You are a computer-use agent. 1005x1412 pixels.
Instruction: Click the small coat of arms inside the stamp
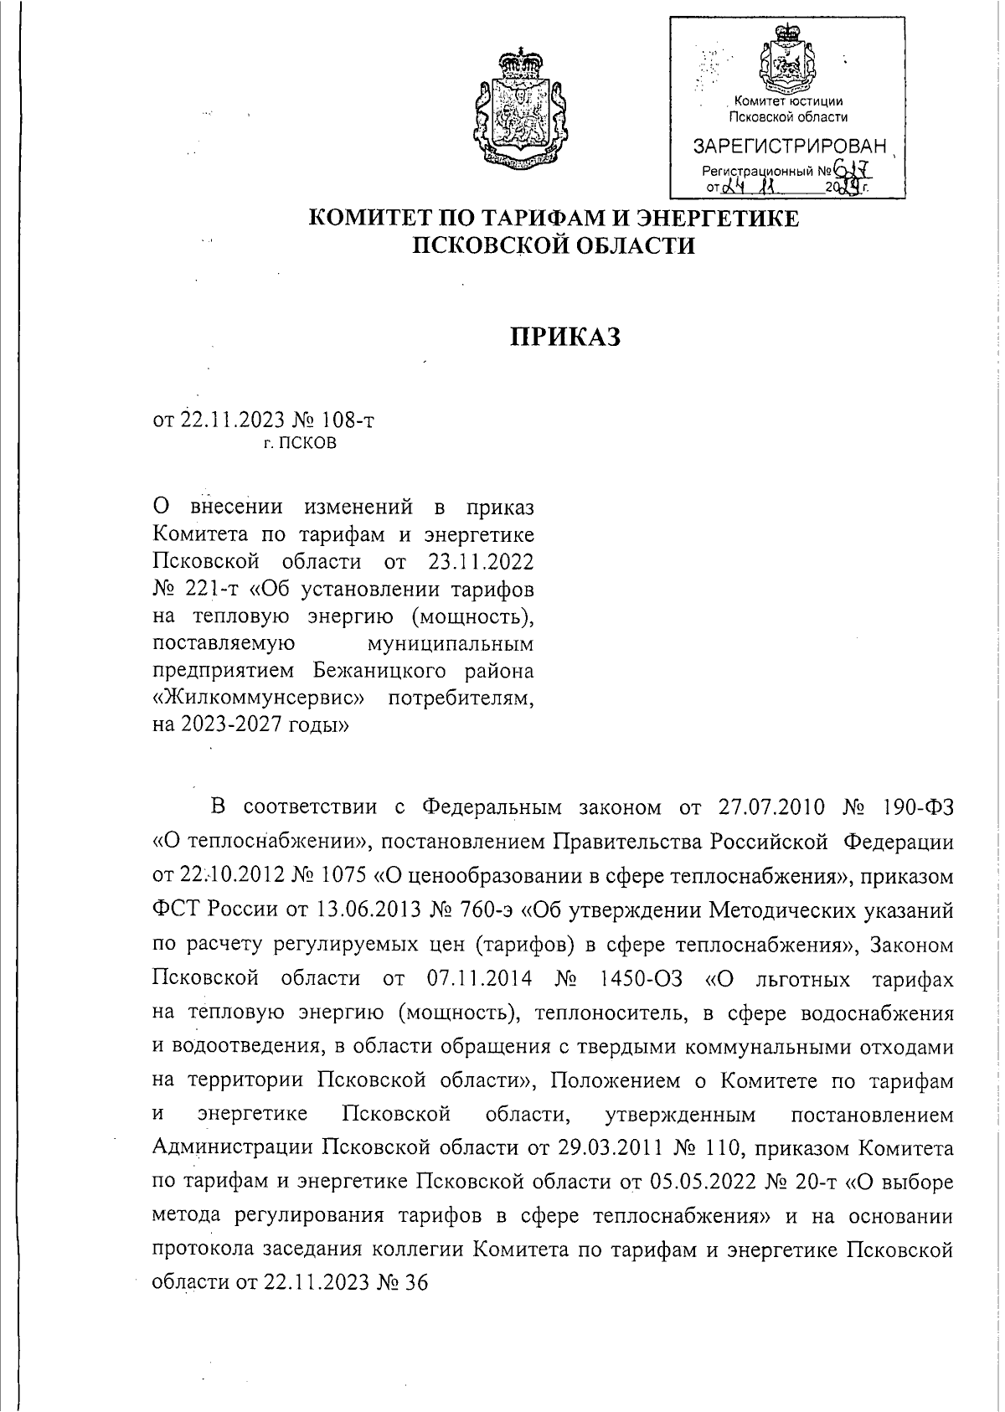(x=786, y=63)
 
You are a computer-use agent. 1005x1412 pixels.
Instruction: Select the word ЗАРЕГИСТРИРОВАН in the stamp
(x=788, y=147)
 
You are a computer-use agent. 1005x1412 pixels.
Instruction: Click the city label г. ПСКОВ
(x=299, y=444)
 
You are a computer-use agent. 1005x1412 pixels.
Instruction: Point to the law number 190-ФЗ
(x=918, y=806)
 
